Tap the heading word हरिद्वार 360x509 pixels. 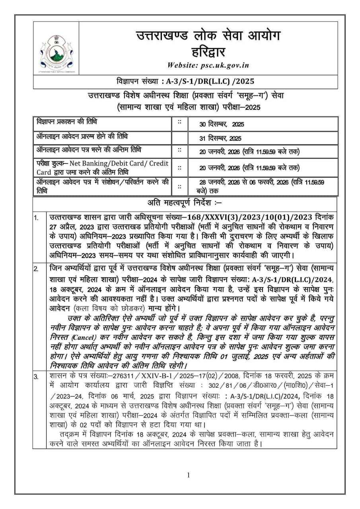(208, 51)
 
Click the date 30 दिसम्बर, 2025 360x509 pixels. (222, 124)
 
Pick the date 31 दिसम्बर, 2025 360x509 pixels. (220, 138)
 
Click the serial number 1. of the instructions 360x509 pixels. (37, 218)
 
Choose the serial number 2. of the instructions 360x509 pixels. (37, 269)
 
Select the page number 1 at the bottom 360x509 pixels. (188, 475)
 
